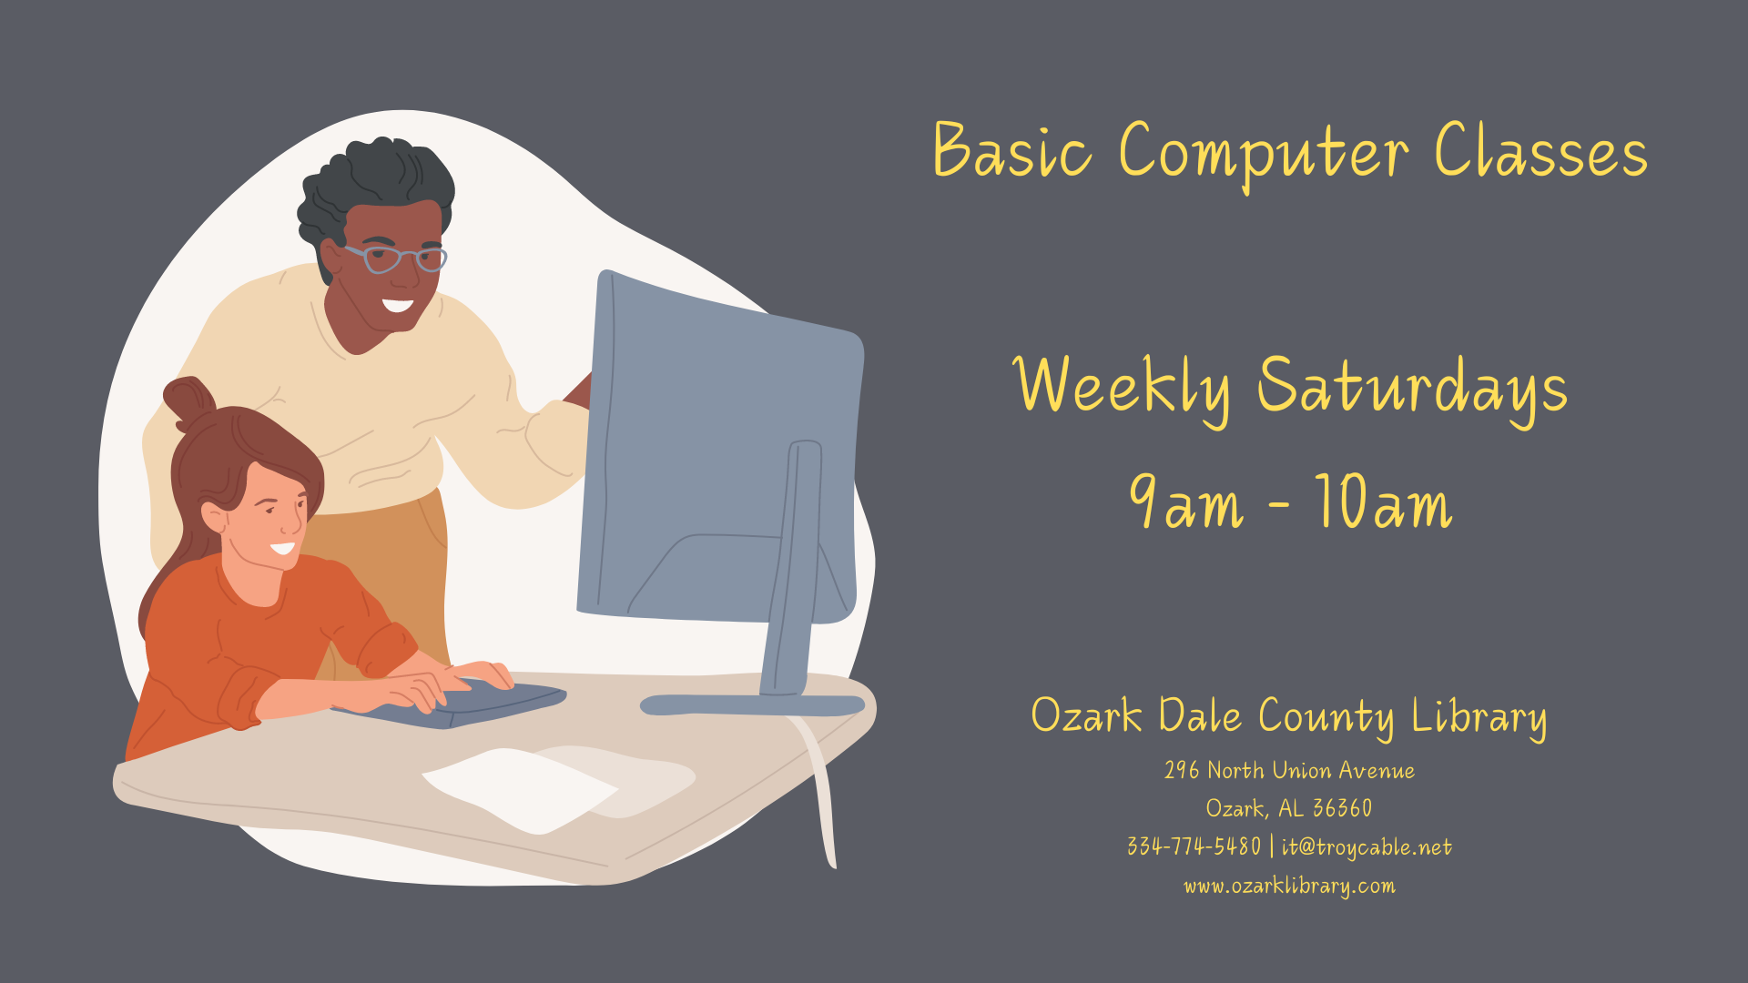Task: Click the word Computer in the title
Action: [1264, 153]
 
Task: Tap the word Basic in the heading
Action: [1011, 149]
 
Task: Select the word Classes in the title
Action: [1541, 149]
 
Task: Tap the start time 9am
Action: [1185, 502]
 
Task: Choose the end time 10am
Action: [1383, 502]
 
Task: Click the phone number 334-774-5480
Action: [1194, 846]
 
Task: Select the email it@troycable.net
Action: [1367, 847]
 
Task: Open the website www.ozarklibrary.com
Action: [1289, 886]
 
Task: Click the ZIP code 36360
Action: [1342, 808]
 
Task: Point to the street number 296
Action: [1182, 770]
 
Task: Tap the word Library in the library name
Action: [1479, 717]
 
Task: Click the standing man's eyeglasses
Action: [395, 258]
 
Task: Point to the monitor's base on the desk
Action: [752, 704]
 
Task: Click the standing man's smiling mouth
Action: [398, 304]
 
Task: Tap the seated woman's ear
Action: [214, 517]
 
